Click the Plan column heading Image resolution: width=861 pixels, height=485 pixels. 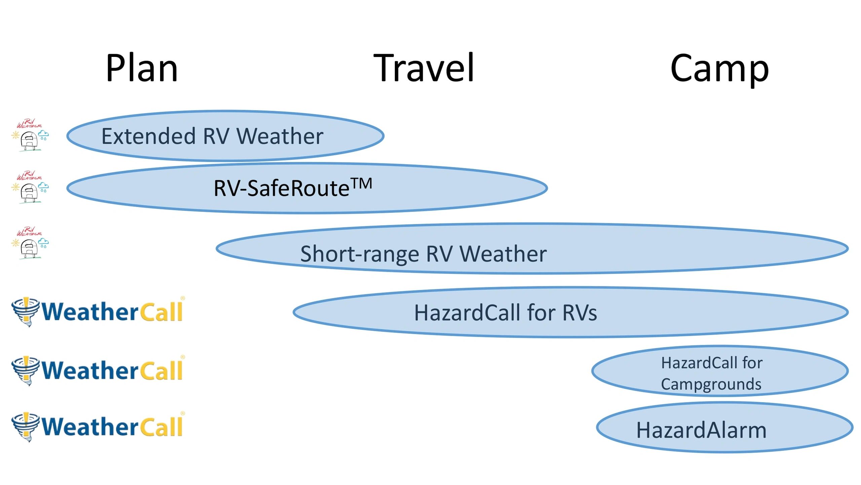[x=142, y=68]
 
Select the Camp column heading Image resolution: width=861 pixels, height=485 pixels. [x=720, y=69]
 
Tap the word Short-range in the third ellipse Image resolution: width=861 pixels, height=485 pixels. [x=360, y=254]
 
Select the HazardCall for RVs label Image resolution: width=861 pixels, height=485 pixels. [x=506, y=313]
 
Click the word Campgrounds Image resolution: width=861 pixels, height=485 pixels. [x=711, y=385]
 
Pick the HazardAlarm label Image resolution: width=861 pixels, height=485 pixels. [x=701, y=430]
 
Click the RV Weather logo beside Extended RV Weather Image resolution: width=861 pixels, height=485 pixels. [x=30, y=135]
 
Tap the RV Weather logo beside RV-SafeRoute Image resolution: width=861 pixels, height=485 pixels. [x=30, y=187]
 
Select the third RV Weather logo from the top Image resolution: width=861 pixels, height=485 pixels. [x=30, y=243]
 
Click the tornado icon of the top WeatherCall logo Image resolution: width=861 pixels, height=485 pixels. [x=26, y=312]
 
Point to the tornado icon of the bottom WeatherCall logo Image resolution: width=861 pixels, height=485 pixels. [x=26, y=427]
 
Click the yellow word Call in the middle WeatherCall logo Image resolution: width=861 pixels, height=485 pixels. [x=161, y=370]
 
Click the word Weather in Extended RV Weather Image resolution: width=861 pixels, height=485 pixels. [x=280, y=136]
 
